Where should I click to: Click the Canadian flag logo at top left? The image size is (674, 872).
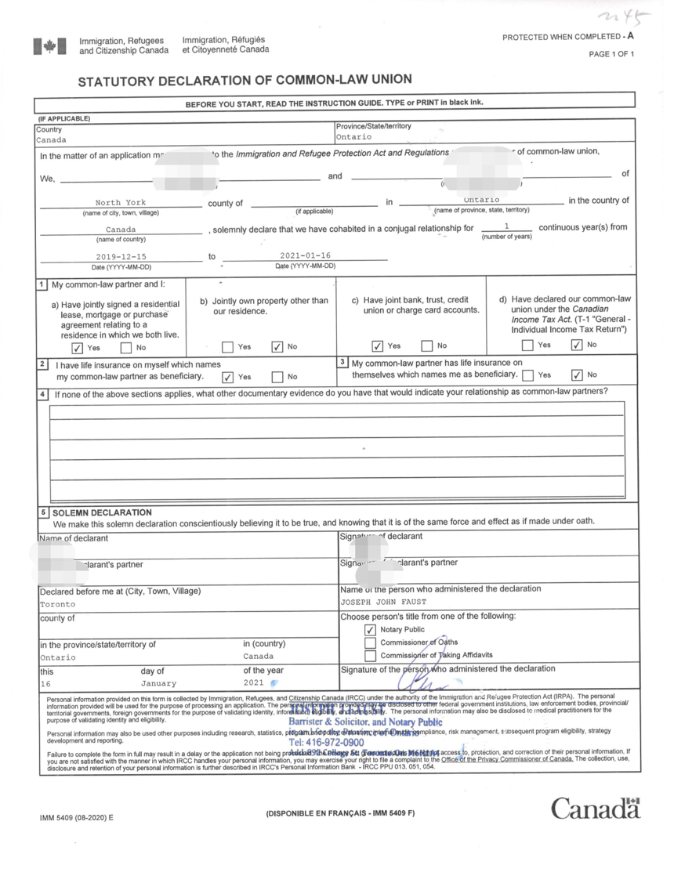[45, 46]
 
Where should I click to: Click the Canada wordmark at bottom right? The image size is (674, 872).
[595, 809]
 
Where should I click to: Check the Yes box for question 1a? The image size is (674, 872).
[76, 349]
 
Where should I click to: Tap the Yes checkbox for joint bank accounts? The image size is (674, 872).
[378, 346]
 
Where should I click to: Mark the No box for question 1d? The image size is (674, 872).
[578, 346]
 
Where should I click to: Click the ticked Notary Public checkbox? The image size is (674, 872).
[371, 630]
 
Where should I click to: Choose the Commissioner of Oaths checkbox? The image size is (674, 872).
[371, 643]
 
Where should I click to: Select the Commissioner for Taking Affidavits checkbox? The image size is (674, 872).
[371, 656]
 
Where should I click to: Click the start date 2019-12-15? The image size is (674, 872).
[121, 256]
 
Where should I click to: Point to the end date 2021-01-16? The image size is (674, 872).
[305, 255]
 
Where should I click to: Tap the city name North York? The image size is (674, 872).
[120, 203]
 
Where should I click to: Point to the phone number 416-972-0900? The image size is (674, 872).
[327, 742]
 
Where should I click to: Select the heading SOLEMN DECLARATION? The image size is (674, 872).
[102, 512]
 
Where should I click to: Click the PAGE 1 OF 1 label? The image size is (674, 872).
[611, 54]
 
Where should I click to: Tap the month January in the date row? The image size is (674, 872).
[159, 683]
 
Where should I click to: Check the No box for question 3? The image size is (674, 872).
[578, 376]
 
